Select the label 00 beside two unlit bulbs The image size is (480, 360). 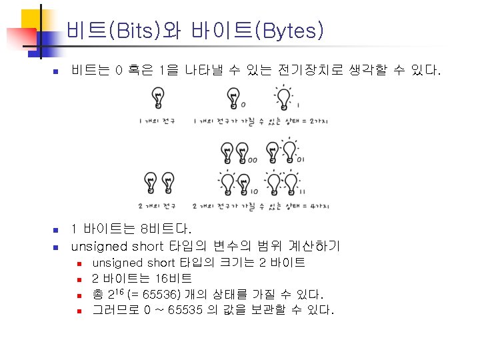[x=253, y=160]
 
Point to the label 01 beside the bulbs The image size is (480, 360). [x=302, y=159]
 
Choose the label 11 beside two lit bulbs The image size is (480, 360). [x=302, y=191]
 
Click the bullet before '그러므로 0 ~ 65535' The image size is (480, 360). [x=78, y=311]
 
